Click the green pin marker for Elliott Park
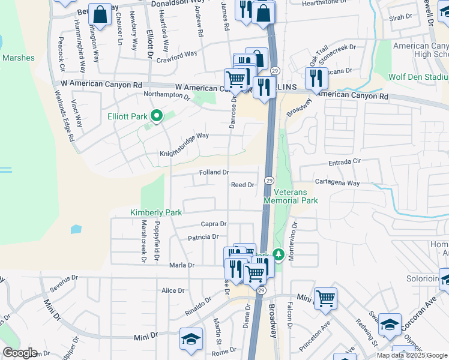click(157, 116)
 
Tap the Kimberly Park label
click(156, 212)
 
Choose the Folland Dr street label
click(214, 172)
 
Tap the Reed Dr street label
click(243, 185)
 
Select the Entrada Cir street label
click(345, 162)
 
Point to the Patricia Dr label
click(203, 237)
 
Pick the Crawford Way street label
click(177, 55)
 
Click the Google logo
click(20, 353)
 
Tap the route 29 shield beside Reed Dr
click(269, 181)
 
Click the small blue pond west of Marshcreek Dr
click(76, 229)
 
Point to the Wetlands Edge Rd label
click(63, 116)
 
